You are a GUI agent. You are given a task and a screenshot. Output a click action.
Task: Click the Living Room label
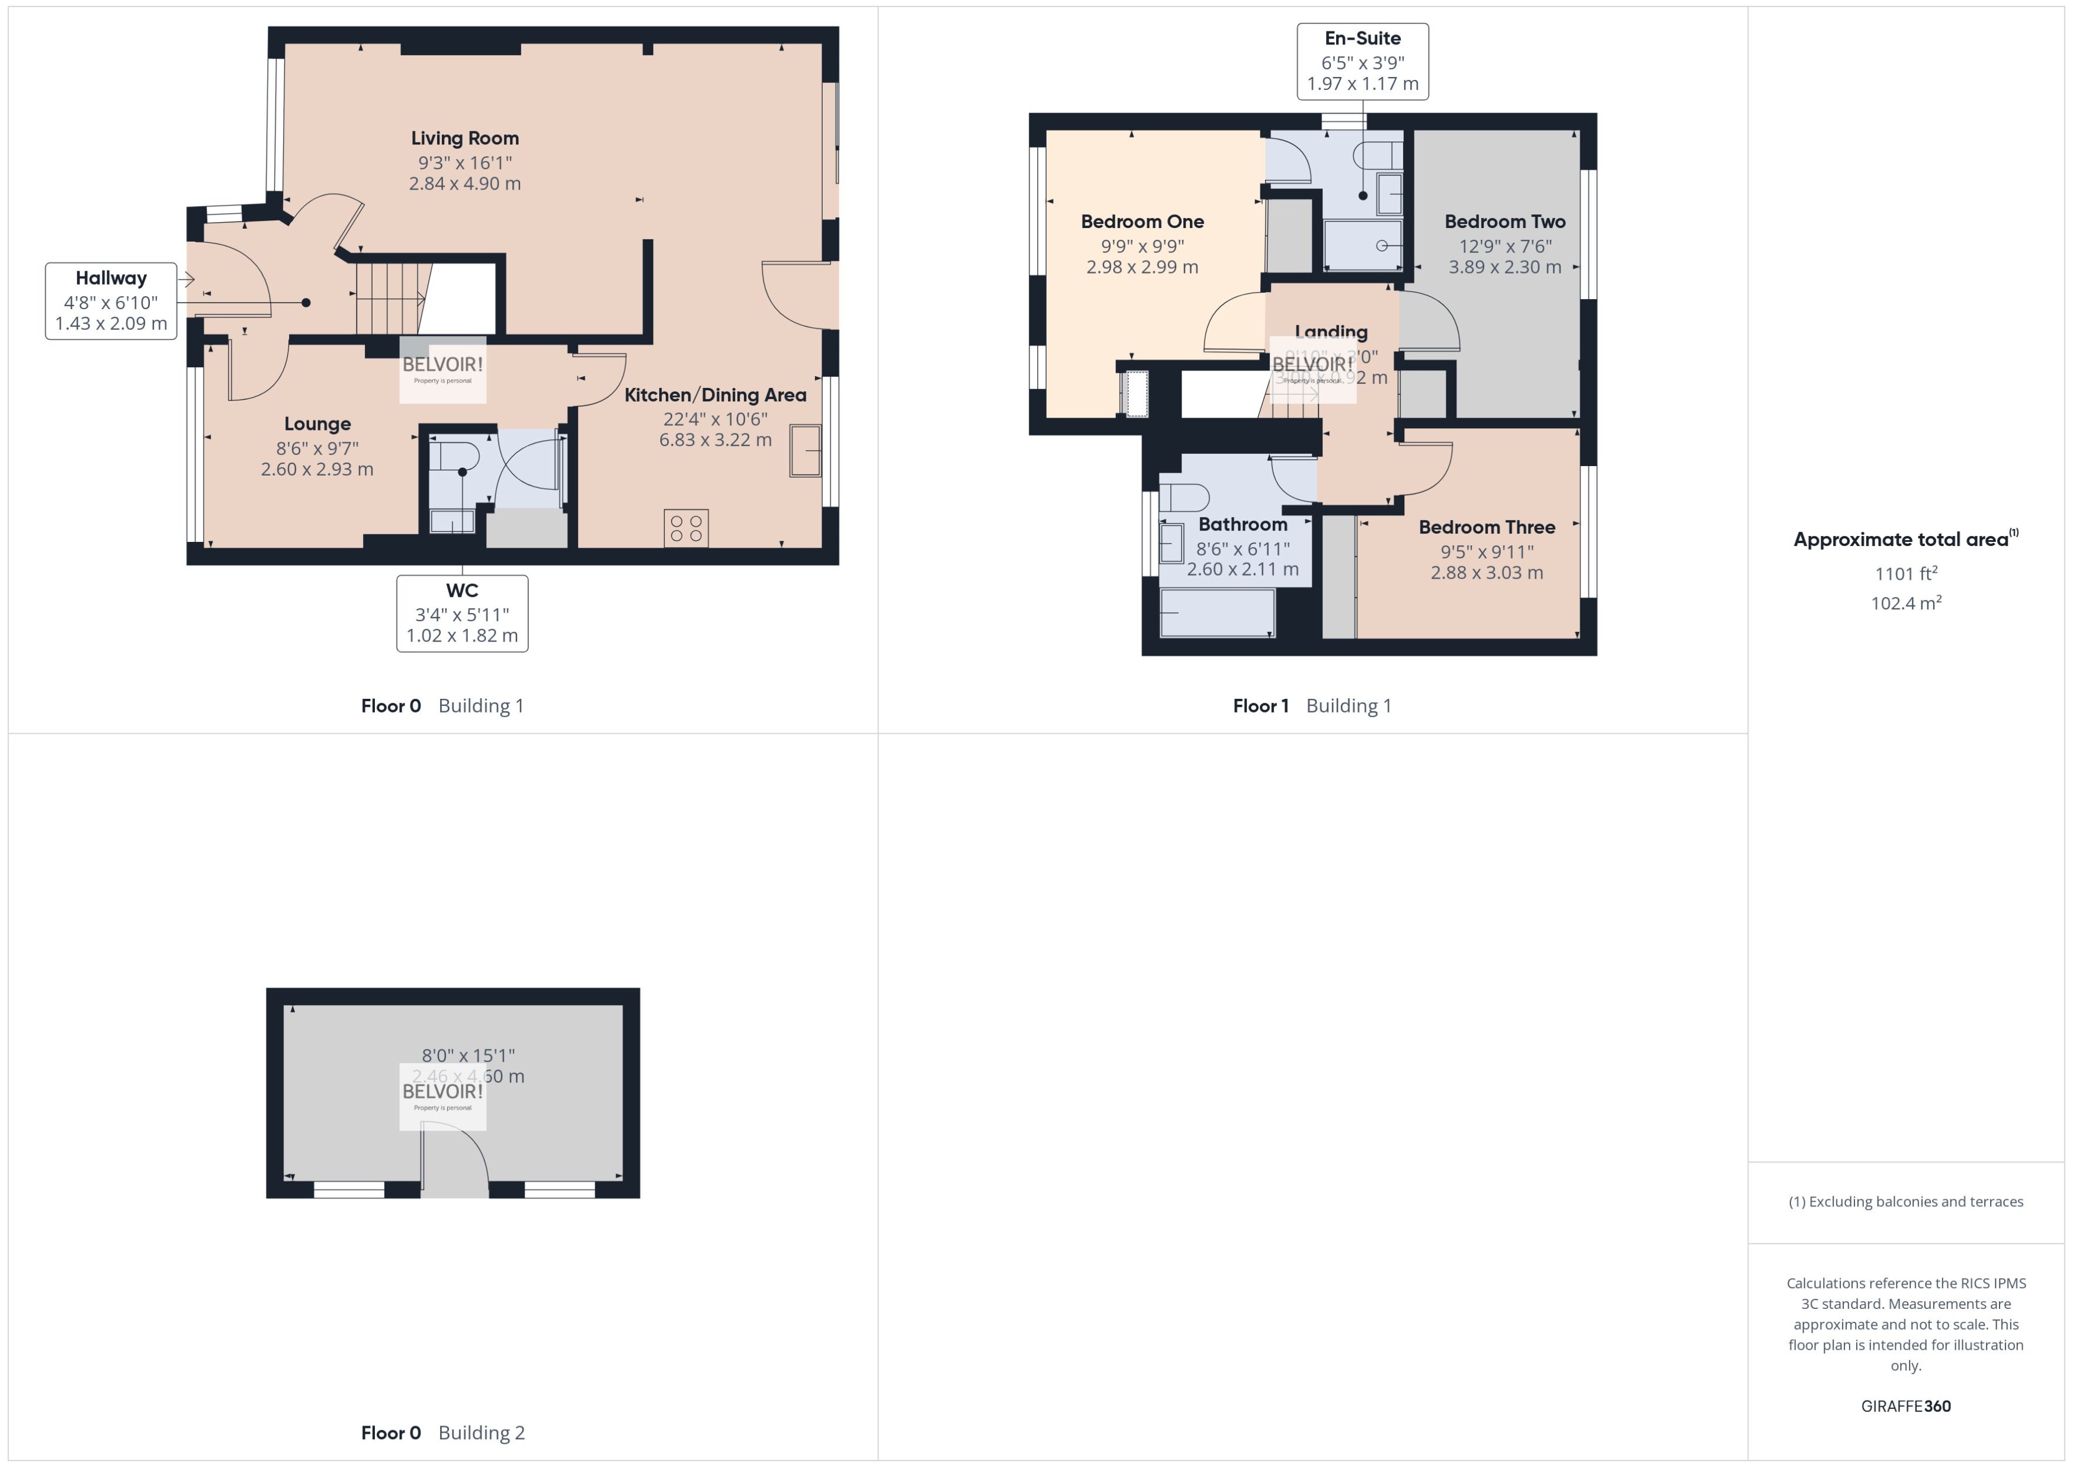pos(464,138)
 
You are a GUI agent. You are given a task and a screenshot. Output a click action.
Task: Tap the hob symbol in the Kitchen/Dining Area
pos(686,528)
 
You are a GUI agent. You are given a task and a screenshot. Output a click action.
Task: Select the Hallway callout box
pos(111,301)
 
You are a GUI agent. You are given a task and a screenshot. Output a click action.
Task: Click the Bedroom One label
pos(1142,222)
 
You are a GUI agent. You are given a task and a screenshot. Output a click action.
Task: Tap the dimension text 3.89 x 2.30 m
pos(1505,267)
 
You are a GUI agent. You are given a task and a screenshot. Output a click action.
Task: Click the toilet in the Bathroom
pos(1186,497)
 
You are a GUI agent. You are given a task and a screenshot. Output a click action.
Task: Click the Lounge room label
pos(317,423)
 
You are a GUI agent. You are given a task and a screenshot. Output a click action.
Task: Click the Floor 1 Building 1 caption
pos(1311,705)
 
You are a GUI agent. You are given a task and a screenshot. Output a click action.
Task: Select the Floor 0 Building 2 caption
pos(442,1433)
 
